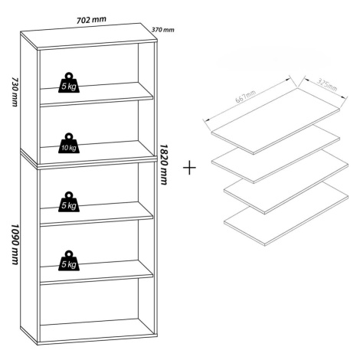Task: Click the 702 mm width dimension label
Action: click(x=91, y=20)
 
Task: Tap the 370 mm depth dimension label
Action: click(x=163, y=30)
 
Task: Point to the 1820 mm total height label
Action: click(x=163, y=165)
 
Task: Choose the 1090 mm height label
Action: click(x=15, y=244)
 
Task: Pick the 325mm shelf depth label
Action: click(x=327, y=84)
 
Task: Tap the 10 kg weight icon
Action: click(x=69, y=143)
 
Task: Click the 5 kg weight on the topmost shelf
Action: click(x=69, y=83)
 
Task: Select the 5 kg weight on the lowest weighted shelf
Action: click(x=69, y=260)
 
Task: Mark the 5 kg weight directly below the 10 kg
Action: click(x=69, y=201)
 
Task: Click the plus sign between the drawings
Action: click(x=189, y=168)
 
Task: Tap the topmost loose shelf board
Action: click(x=276, y=121)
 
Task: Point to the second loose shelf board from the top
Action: click(x=276, y=155)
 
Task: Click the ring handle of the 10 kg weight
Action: click(x=69, y=136)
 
